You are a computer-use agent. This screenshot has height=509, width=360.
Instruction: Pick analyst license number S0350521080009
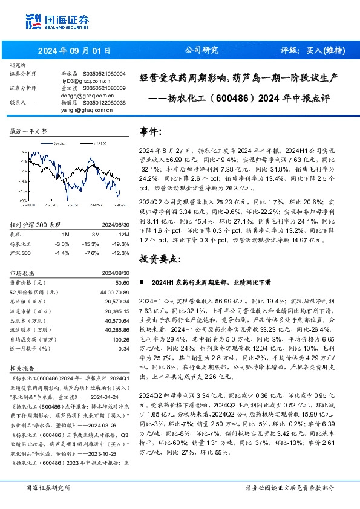(104, 88)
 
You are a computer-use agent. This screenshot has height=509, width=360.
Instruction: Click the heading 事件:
(151, 131)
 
